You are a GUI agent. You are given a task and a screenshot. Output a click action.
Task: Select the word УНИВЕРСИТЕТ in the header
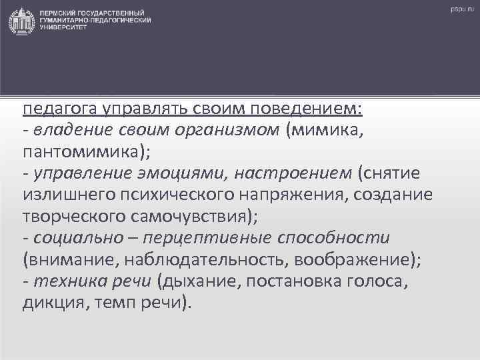coord(63,28)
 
